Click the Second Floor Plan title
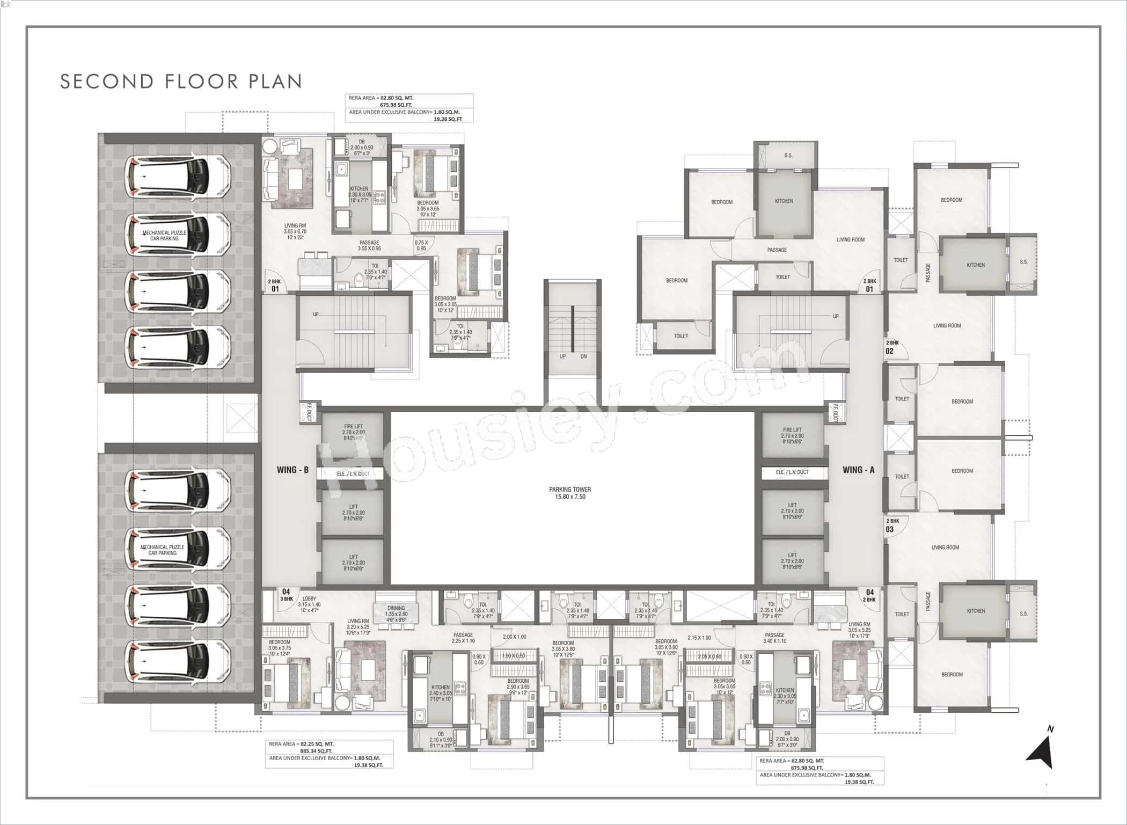pos(181,81)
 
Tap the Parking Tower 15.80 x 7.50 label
pos(570,493)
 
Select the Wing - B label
pos(292,470)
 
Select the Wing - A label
pos(858,470)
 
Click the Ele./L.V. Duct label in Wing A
pos(792,472)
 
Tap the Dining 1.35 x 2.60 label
pos(396,614)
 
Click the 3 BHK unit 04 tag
pos(286,595)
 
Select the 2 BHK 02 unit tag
pos(891,347)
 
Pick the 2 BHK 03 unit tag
pos(891,525)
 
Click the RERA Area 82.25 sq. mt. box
pos(329,754)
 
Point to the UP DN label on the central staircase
pos(573,356)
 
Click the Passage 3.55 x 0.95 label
pos(369,245)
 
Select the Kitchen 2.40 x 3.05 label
pos(441,693)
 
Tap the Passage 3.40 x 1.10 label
pos(774,638)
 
